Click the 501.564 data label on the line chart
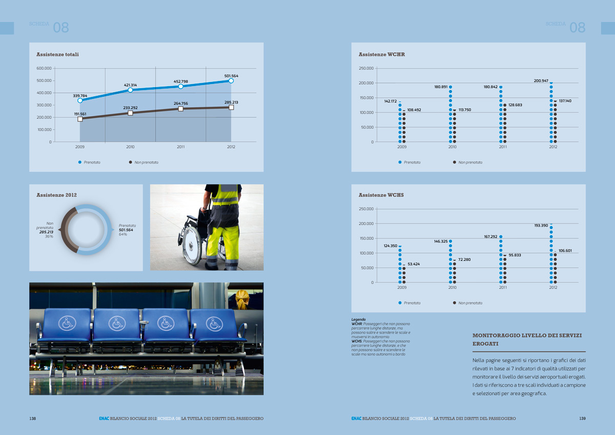[x=231, y=76]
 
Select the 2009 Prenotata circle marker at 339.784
[x=80, y=100]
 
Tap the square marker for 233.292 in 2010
[x=130, y=113]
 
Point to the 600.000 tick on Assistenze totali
[x=44, y=68]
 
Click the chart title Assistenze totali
[x=57, y=54]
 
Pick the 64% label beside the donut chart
[x=123, y=235]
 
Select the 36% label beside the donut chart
[x=49, y=237]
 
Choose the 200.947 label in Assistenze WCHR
[x=541, y=81]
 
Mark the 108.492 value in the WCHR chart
[x=414, y=110]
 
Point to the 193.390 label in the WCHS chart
[x=541, y=225]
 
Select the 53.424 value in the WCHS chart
[x=414, y=264]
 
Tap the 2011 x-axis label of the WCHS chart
[x=503, y=288]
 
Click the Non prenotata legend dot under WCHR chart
[x=454, y=162]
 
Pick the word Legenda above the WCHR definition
[x=359, y=319]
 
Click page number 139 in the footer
[x=582, y=419]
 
